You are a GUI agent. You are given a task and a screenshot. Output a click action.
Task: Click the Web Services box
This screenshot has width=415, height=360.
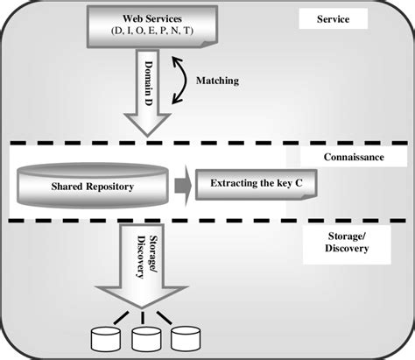(x=152, y=26)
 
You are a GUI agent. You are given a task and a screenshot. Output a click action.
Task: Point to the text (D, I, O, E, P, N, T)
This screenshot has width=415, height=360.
(x=152, y=31)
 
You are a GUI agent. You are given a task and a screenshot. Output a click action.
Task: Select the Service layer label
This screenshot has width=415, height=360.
(x=333, y=19)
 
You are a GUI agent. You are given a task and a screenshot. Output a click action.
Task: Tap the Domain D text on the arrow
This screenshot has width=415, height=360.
(x=149, y=83)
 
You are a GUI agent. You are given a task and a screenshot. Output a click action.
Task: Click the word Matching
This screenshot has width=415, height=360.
(x=217, y=81)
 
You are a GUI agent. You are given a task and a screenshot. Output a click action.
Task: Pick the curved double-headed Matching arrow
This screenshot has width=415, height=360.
(x=186, y=81)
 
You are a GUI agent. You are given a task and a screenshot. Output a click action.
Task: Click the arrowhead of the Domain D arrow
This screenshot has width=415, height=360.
(x=147, y=125)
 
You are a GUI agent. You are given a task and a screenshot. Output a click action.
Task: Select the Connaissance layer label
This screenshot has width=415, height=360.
(x=354, y=157)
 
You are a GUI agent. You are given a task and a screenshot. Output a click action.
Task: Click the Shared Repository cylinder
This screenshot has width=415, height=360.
(x=93, y=186)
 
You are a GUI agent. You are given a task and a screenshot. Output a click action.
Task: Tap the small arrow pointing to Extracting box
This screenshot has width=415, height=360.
(x=183, y=186)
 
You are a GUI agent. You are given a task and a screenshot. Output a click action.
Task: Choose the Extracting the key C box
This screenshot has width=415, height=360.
(x=256, y=185)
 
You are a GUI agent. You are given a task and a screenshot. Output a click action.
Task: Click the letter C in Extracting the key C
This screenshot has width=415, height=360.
(x=299, y=183)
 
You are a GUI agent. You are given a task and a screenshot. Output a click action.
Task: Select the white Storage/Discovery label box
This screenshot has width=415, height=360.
(x=347, y=244)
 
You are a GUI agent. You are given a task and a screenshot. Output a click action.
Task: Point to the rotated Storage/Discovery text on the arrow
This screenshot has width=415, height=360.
(x=147, y=257)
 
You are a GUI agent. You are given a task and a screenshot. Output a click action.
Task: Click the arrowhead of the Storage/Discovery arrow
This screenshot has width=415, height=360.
(x=142, y=297)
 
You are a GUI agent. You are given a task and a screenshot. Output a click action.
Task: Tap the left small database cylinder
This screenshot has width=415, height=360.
(x=106, y=339)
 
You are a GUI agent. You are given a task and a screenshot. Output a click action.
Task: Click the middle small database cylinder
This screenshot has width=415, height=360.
(x=146, y=339)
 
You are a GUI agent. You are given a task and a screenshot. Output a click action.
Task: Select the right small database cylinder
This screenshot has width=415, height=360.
(x=186, y=339)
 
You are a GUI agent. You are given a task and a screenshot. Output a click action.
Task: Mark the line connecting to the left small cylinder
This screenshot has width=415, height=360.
(x=121, y=318)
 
